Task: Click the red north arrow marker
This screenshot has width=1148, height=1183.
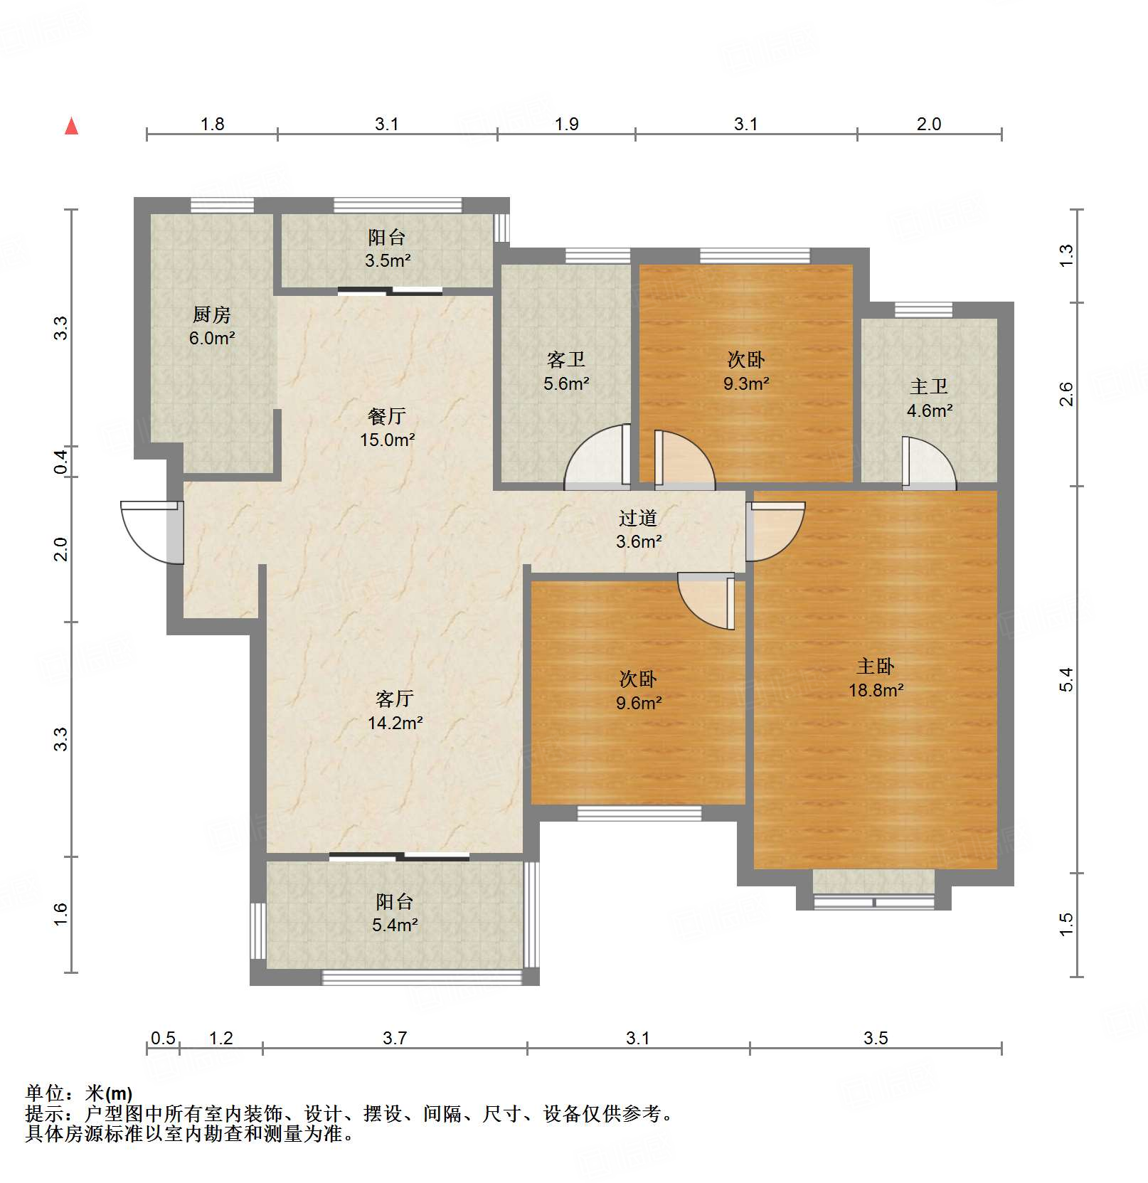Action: [x=72, y=127]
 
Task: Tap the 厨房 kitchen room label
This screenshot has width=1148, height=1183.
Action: [x=212, y=314]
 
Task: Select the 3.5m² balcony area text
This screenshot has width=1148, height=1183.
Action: [x=388, y=261]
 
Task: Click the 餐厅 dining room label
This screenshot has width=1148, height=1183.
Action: [x=387, y=416]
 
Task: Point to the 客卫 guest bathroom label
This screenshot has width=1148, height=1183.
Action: [x=566, y=360]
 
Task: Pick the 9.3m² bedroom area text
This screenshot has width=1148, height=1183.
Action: [x=746, y=384]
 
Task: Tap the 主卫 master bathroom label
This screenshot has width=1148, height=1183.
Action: [x=929, y=387]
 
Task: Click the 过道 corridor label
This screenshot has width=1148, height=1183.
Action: [x=638, y=518]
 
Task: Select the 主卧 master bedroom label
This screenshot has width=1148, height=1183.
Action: [x=876, y=667]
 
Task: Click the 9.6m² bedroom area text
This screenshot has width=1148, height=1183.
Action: [x=639, y=704]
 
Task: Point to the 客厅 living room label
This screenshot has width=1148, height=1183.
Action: [x=395, y=699]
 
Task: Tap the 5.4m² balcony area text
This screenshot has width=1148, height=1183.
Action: [x=395, y=925]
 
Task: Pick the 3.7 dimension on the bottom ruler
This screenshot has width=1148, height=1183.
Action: [x=395, y=1038]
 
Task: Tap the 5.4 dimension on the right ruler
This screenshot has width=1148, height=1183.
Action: [x=1065, y=679]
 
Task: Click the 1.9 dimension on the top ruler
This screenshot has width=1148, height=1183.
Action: [x=566, y=124]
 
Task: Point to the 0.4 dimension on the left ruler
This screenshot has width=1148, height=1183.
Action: [x=61, y=462]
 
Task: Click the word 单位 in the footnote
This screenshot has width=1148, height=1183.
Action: [x=46, y=1093]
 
